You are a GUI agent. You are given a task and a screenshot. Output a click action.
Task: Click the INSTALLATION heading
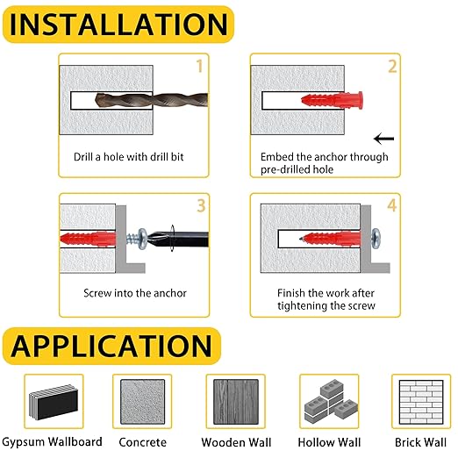coord(118,25)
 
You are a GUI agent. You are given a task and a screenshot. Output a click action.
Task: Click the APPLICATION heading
coord(111,347)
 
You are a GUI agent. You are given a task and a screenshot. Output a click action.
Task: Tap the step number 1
coord(199,66)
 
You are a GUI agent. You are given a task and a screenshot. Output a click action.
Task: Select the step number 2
coord(392,66)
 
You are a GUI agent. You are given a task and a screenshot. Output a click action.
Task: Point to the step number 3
coord(201,205)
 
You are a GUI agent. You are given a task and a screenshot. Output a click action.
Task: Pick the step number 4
coord(392,205)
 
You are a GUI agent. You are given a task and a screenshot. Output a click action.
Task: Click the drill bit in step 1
coord(152,100)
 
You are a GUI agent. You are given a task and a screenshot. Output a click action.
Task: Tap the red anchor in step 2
coord(333,101)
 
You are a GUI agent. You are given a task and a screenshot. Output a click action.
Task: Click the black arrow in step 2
coord(384,139)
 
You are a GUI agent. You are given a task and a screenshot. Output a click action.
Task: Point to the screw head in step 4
coord(376,239)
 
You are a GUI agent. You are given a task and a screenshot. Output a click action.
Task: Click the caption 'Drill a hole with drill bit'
coord(129,157)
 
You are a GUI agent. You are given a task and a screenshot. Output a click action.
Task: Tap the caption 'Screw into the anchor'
coord(135,293)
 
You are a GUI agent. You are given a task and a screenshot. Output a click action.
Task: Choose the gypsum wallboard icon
coord(54,402)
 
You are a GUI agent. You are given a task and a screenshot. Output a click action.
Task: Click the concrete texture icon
coord(142,402)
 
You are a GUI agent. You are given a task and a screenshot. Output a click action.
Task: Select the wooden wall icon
coord(236,402)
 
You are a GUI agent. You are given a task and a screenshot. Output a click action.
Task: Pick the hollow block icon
coord(329,401)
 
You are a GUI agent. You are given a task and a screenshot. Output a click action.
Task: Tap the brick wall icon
coord(421,402)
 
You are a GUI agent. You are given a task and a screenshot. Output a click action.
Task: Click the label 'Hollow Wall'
coord(329,442)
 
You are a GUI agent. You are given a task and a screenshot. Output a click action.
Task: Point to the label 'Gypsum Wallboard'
coord(52,442)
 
